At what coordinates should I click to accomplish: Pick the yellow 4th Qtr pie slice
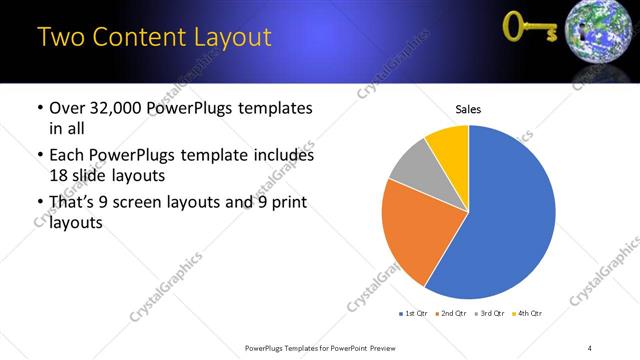tap(448, 146)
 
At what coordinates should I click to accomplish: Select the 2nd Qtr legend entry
tap(452, 315)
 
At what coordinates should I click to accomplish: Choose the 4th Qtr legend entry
tap(527, 315)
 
